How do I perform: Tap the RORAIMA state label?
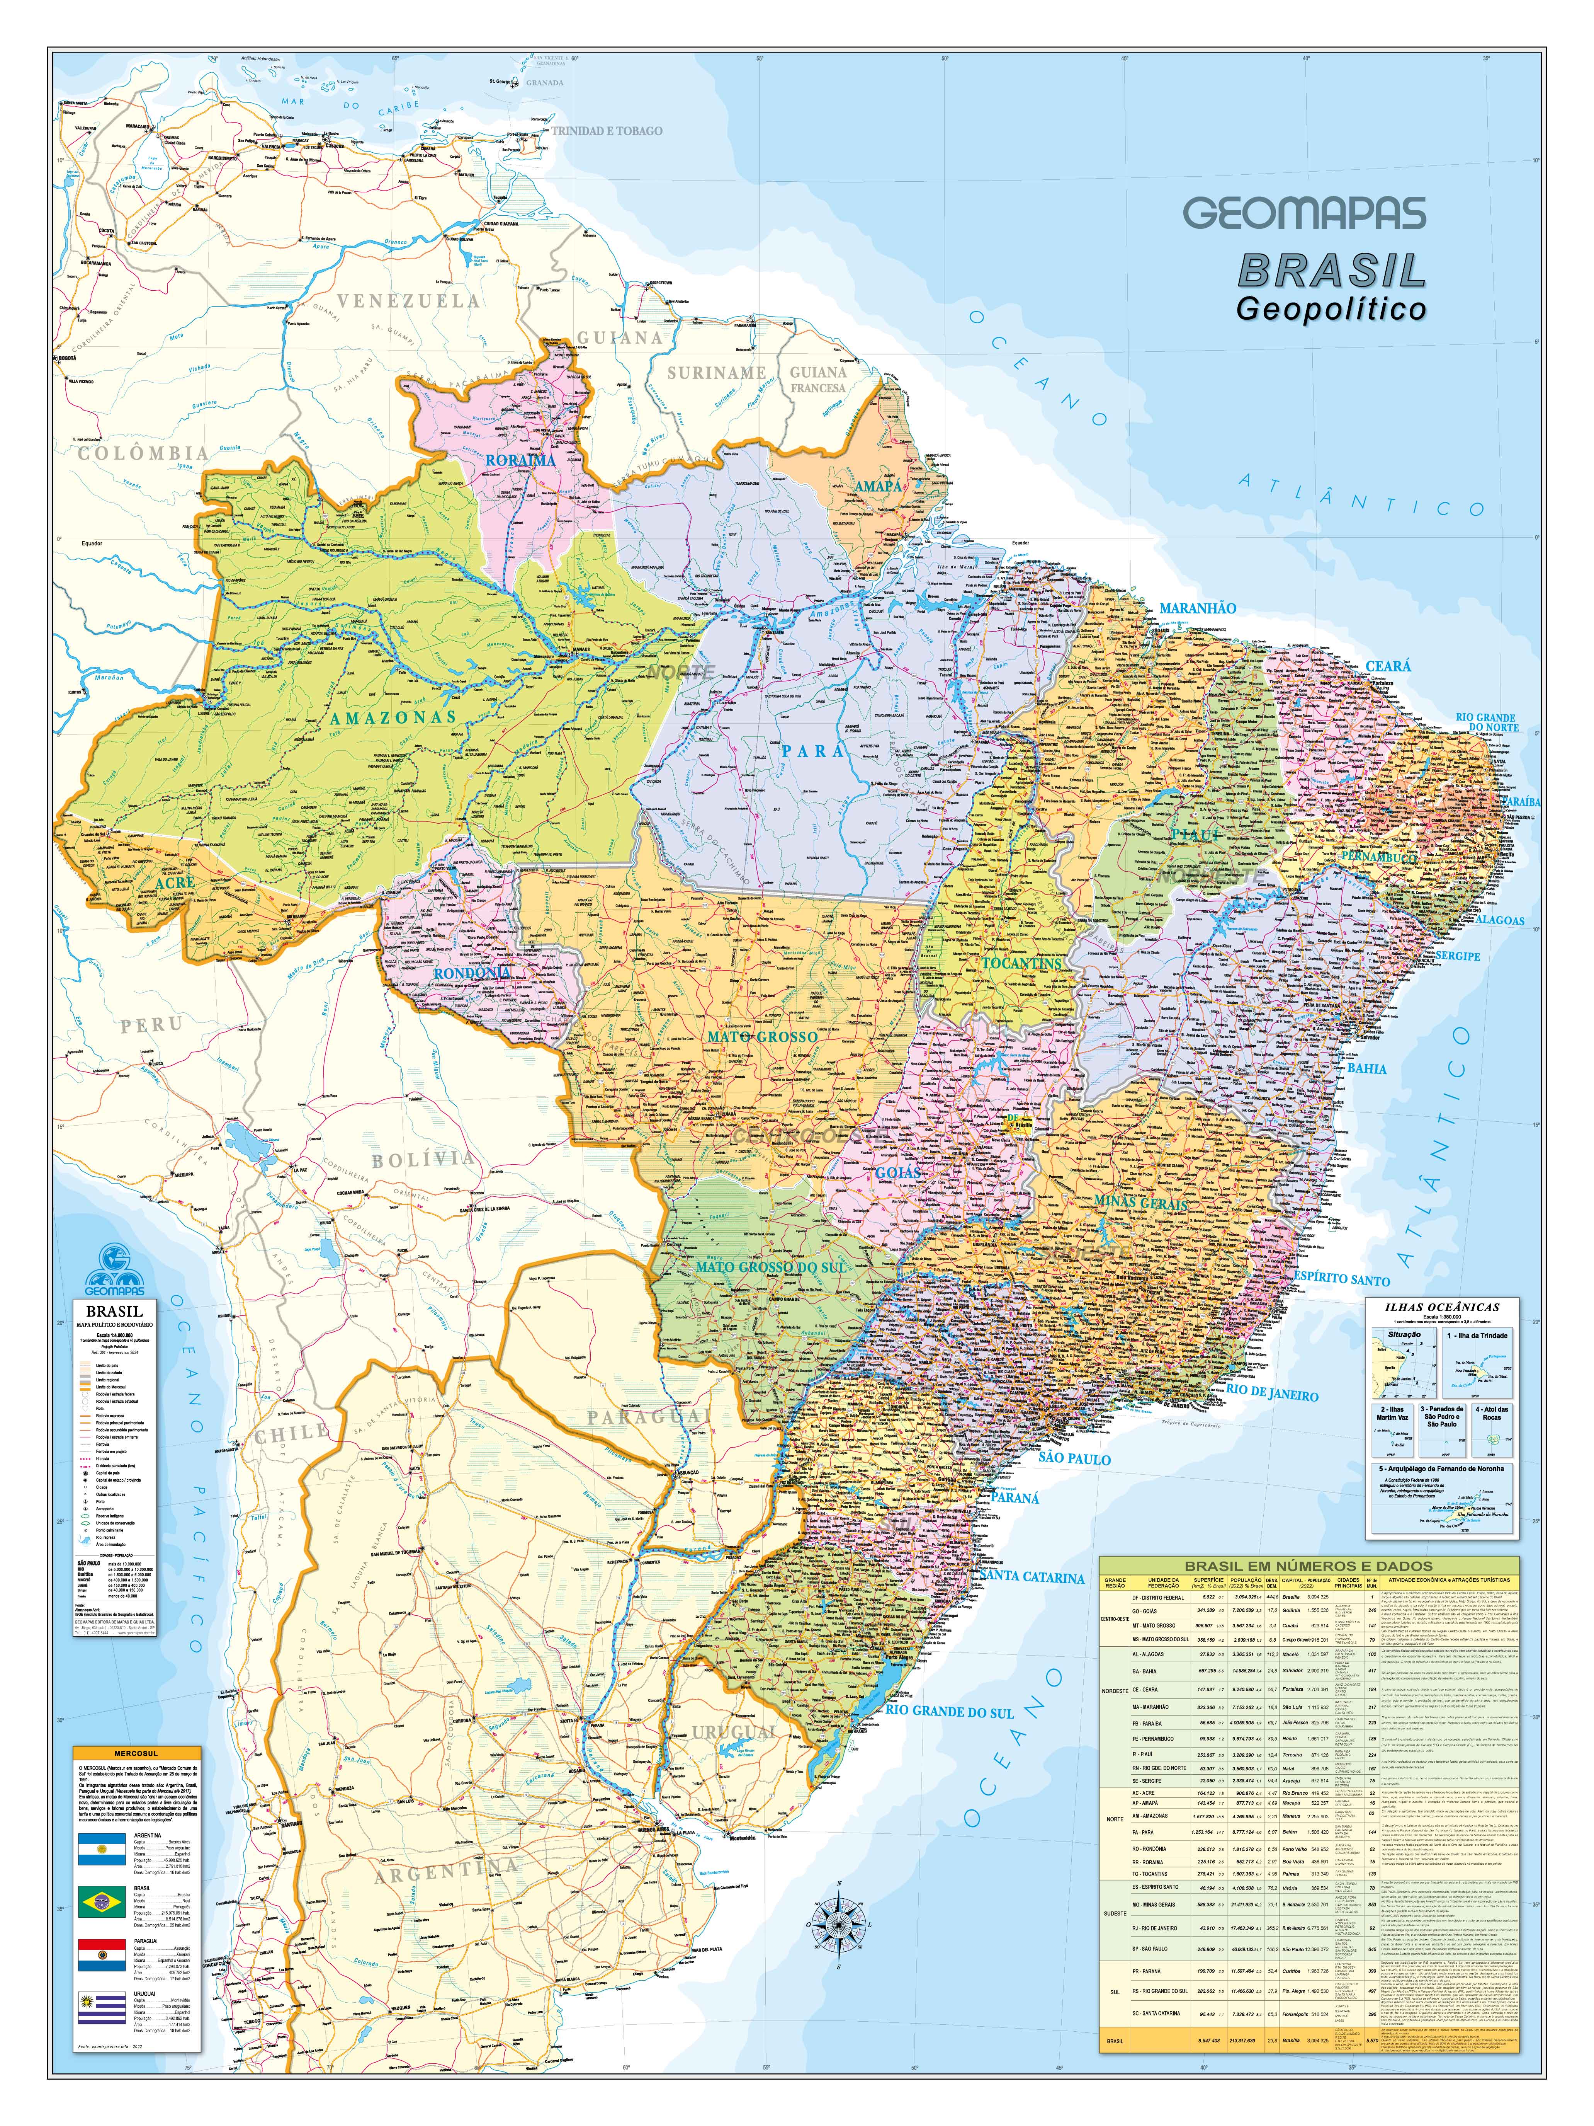pyautogui.click(x=520, y=460)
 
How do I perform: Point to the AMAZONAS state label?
pyautogui.click(x=393, y=717)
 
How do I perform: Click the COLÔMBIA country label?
pyautogui.click(x=143, y=453)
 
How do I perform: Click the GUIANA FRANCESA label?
pyautogui.click(x=817, y=380)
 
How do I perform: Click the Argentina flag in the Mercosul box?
pyautogui.click(x=102, y=1847)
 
